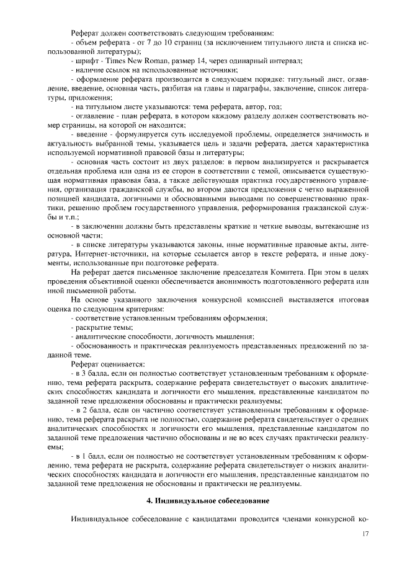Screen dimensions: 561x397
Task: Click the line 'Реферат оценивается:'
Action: point(108,364)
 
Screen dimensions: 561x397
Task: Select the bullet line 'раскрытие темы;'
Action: point(103,327)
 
